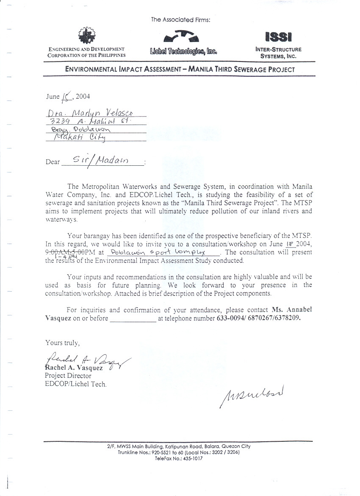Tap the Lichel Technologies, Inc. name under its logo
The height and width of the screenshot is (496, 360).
pos(183,52)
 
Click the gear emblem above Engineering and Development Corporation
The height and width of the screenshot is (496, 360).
pos(87,36)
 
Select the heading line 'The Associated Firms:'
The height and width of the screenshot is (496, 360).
pos(180,20)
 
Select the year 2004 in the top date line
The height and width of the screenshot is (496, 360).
pos(83,96)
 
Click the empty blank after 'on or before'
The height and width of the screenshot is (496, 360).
pos(133,319)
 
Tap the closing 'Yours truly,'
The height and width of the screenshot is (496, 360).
pos(62,343)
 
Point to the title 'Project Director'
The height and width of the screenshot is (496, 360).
pos(68,376)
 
